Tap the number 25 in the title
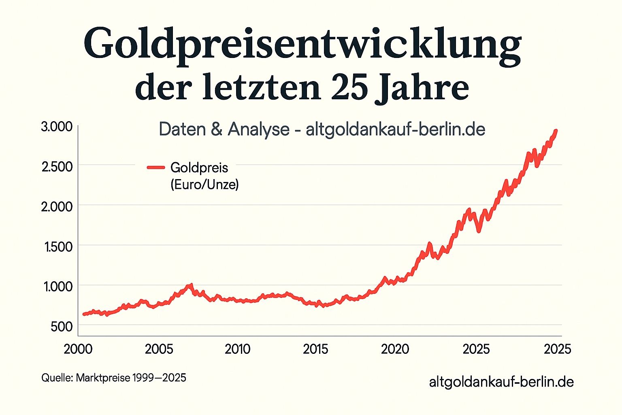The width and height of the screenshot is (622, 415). click(349, 88)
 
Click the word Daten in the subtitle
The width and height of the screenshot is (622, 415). click(182, 130)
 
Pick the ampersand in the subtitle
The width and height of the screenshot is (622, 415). click(217, 130)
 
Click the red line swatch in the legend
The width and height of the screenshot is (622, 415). click(156, 167)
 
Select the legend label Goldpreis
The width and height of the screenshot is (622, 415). click(199, 168)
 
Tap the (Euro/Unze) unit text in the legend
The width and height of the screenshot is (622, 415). click(204, 185)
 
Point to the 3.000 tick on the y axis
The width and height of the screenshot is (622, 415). click(57, 126)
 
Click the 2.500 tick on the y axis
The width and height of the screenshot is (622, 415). click(57, 167)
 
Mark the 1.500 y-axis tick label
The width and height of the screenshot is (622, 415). click(58, 247)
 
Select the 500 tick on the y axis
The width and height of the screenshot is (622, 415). click(62, 327)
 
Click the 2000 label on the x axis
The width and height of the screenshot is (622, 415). click(78, 349)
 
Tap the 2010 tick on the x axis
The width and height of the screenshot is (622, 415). click(238, 349)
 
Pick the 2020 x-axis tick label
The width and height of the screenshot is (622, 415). click(395, 349)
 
